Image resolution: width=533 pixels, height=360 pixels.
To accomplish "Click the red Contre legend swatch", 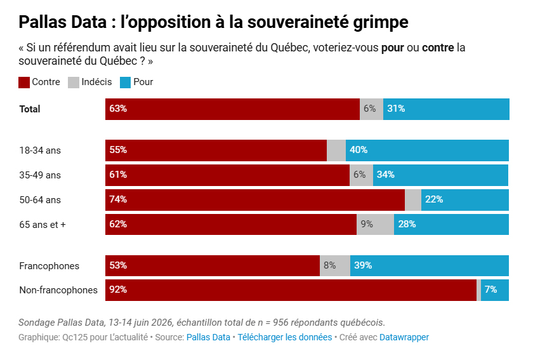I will pos(25,82).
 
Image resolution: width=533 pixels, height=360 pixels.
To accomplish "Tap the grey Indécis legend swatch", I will pos(73,82).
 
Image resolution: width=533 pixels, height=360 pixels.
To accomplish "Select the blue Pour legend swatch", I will pos(125,82).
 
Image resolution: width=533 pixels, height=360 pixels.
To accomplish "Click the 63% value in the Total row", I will pos(118,109).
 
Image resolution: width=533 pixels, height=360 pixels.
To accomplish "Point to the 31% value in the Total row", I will pos(396,109).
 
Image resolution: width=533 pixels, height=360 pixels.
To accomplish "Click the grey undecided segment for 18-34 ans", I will pos(336,150).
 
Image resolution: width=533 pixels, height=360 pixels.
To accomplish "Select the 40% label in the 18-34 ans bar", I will pos(359,150).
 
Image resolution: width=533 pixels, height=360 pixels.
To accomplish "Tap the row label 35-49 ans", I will pos(40,175).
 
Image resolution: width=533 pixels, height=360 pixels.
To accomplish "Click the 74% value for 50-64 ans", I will pos(118,199).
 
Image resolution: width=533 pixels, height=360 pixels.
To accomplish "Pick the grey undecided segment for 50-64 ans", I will pos(413,199).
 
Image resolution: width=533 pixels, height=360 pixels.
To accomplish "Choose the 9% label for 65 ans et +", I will pos(367,224).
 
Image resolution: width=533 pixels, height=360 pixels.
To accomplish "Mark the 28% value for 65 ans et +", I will pos(407,224).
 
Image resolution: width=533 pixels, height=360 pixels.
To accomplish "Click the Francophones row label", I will pos(49,265).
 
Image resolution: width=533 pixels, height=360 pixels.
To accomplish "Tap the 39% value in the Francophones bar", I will pos(363,265).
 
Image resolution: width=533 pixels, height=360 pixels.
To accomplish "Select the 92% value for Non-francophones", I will pos(118,290).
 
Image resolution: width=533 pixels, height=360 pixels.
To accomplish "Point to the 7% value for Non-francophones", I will pos(490,290).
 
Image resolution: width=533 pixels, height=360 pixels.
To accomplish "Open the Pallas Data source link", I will pos(208,337).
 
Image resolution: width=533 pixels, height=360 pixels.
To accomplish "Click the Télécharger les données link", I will pos(284,337).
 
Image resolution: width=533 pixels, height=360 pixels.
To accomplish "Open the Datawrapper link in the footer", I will pos(404,337).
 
